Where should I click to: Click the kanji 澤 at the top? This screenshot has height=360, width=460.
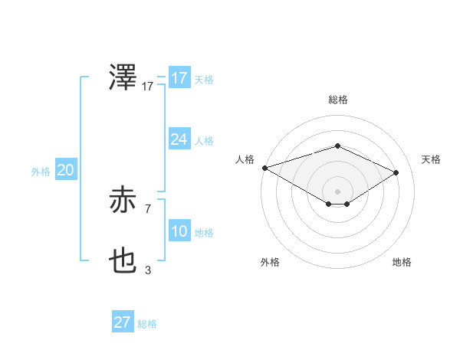pyautogui.click(x=124, y=79)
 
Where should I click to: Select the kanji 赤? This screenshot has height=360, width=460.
pyautogui.click(x=124, y=201)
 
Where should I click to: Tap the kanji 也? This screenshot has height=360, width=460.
pyautogui.click(x=124, y=262)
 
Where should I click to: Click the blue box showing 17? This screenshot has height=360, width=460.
pyautogui.click(x=179, y=78)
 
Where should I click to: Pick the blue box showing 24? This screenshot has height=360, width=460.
pyautogui.click(x=179, y=139)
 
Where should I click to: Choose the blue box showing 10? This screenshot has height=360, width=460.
pyautogui.click(x=179, y=231)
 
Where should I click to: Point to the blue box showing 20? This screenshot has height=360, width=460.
pyautogui.click(x=65, y=170)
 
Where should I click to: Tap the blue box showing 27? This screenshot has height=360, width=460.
pyautogui.click(x=122, y=322)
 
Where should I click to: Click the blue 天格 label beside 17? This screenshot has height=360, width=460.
pyautogui.click(x=204, y=79)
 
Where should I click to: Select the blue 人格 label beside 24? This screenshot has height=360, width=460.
pyautogui.click(x=204, y=140)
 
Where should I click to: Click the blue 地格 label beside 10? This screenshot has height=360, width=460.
pyautogui.click(x=204, y=232)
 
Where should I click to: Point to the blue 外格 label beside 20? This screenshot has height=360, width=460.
pyautogui.click(x=41, y=172)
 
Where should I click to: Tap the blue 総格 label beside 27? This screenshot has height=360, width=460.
pyautogui.click(x=147, y=323)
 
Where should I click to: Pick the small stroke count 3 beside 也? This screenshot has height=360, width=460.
pyautogui.click(x=148, y=269)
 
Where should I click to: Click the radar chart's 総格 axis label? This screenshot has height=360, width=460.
pyautogui.click(x=337, y=100)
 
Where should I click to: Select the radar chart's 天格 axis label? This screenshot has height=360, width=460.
pyautogui.click(x=431, y=159)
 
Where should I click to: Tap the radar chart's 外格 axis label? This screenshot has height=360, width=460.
pyautogui.click(x=270, y=262)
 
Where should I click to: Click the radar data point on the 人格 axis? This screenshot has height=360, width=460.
pyautogui.click(x=264, y=167)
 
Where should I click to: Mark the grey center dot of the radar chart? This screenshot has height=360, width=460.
pyautogui.click(x=337, y=191)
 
